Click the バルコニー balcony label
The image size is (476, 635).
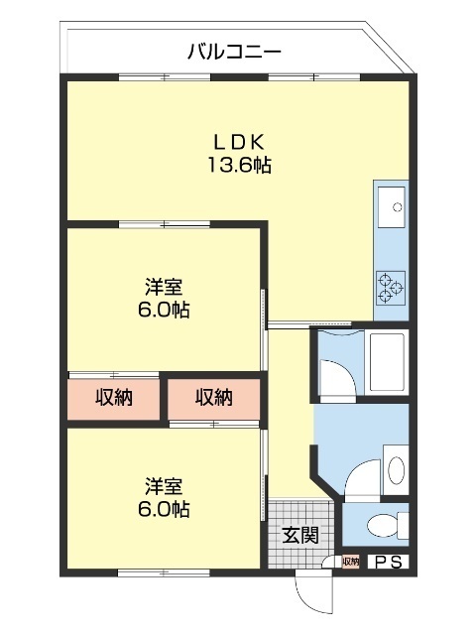235,51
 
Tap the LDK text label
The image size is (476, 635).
238,141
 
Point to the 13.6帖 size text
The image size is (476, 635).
238,166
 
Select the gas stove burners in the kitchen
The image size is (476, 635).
391,285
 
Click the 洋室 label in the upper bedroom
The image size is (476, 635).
164,288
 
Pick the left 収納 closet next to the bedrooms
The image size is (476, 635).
115,399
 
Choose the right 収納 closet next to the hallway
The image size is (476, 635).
213,399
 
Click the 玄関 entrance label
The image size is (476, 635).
299,536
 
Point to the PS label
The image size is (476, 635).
386,563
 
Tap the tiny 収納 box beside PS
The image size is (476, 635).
350,563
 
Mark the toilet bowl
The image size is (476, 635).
383,525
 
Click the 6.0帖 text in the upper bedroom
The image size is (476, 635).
164,311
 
